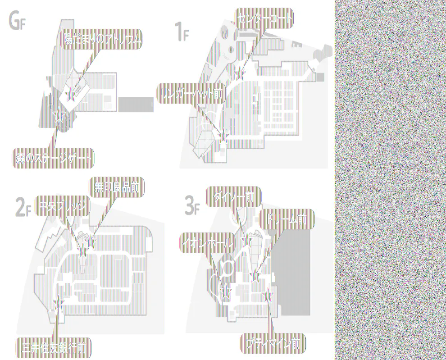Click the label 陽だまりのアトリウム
(102, 40)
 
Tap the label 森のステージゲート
(52, 158)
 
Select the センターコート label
(264, 19)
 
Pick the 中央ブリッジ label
(63, 205)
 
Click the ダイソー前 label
(233, 196)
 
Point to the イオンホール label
(208, 243)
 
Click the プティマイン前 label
(273, 344)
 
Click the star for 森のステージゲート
(59, 116)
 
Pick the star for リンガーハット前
(223, 134)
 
